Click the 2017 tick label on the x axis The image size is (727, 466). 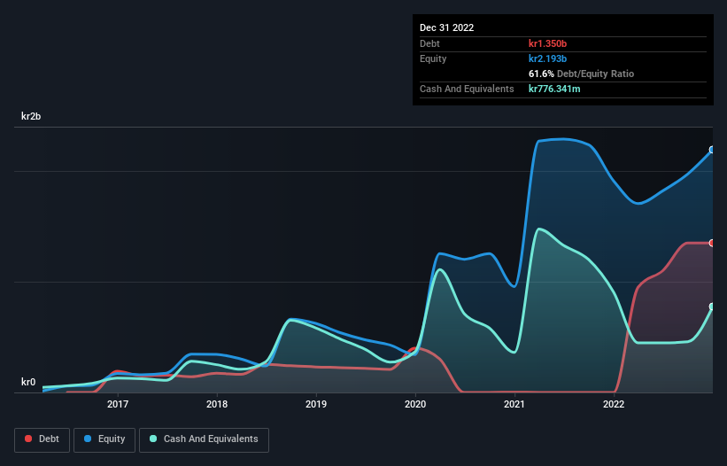click(117, 405)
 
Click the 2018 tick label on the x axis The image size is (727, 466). click(216, 405)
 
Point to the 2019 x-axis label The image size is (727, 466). click(316, 405)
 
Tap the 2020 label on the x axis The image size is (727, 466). click(415, 405)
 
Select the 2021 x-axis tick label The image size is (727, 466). click(514, 405)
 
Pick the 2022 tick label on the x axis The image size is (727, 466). click(614, 405)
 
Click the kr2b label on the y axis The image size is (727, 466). click(32, 117)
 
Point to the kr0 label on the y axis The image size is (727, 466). click(28, 383)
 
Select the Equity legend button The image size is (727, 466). click(104, 439)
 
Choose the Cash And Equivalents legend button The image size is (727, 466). click(204, 439)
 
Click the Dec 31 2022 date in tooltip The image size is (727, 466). click(446, 27)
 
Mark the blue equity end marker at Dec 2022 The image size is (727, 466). click(712, 150)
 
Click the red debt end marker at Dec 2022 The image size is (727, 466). click(712, 243)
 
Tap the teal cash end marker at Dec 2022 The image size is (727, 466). click(712, 307)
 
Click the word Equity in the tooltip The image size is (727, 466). click(433, 58)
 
